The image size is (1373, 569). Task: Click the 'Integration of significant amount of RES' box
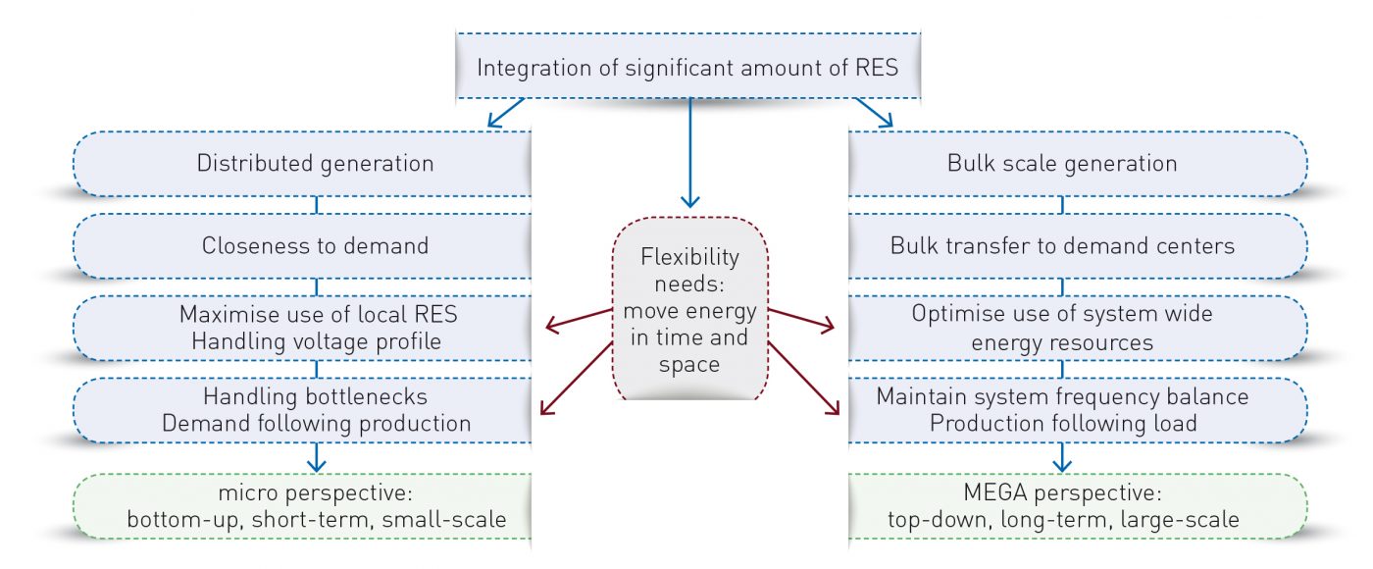click(687, 66)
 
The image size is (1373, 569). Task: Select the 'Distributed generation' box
click(302, 164)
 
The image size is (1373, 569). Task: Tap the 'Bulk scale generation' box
click(1078, 164)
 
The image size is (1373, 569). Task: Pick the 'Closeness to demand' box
click(302, 246)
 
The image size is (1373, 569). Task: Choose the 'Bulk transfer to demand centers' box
click(1078, 246)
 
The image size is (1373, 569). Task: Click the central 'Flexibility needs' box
click(689, 308)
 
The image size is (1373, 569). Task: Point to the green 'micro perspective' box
click(302, 506)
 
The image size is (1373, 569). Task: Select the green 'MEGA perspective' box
click(1078, 506)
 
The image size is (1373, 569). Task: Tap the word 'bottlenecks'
click(367, 396)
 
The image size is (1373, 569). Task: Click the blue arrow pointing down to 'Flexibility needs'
click(690, 153)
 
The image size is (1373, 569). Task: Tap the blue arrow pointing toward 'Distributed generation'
click(506, 113)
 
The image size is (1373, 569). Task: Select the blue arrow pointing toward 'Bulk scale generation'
click(874, 113)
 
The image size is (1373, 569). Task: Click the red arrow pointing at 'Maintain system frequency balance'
click(803, 379)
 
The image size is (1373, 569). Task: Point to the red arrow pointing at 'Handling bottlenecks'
click(577, 379)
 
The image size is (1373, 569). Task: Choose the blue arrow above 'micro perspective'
click(316, 457)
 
